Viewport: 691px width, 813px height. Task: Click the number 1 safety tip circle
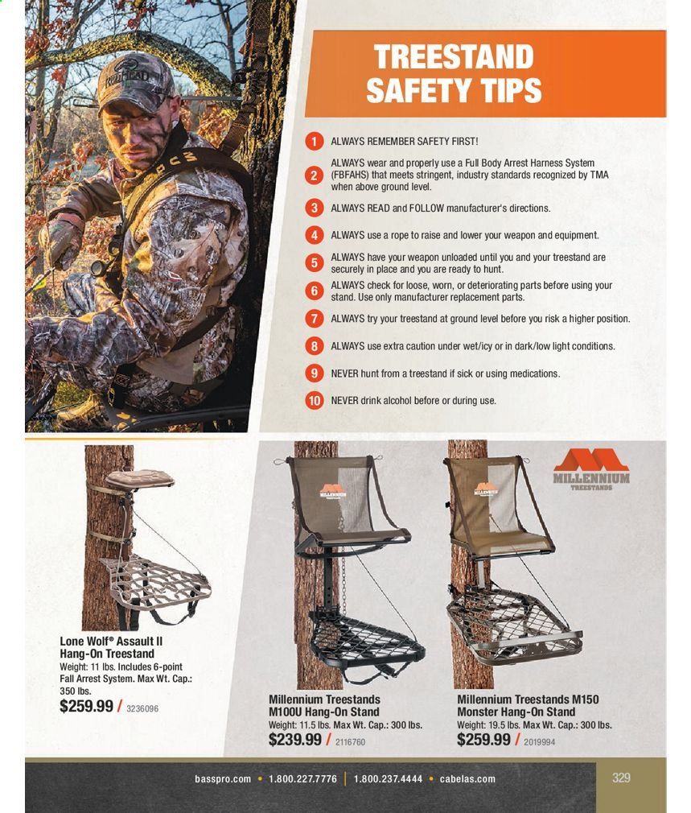coord(314,141)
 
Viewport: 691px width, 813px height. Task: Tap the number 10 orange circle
coord(314,400)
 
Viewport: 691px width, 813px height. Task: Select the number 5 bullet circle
coord(314,263)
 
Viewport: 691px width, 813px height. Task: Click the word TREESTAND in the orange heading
coord(454,56)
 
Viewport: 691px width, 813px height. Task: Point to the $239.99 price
coord(294,740)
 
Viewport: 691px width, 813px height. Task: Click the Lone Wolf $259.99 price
coord(86,706)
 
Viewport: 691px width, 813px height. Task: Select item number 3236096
coord(142,709)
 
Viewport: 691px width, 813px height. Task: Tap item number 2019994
coord(539,742)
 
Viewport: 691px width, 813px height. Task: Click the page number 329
coord(621,778)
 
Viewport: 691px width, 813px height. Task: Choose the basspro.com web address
coord(223,778)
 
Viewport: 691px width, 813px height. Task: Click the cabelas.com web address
coord(467,778)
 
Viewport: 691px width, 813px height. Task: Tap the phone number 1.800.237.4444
coord(388,778)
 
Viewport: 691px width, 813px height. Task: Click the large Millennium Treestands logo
coord(591,469)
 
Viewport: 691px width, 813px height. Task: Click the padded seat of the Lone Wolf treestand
coord(140,479)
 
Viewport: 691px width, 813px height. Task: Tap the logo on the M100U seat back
coord(333,492)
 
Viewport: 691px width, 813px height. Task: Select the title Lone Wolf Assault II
coord(111,642)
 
